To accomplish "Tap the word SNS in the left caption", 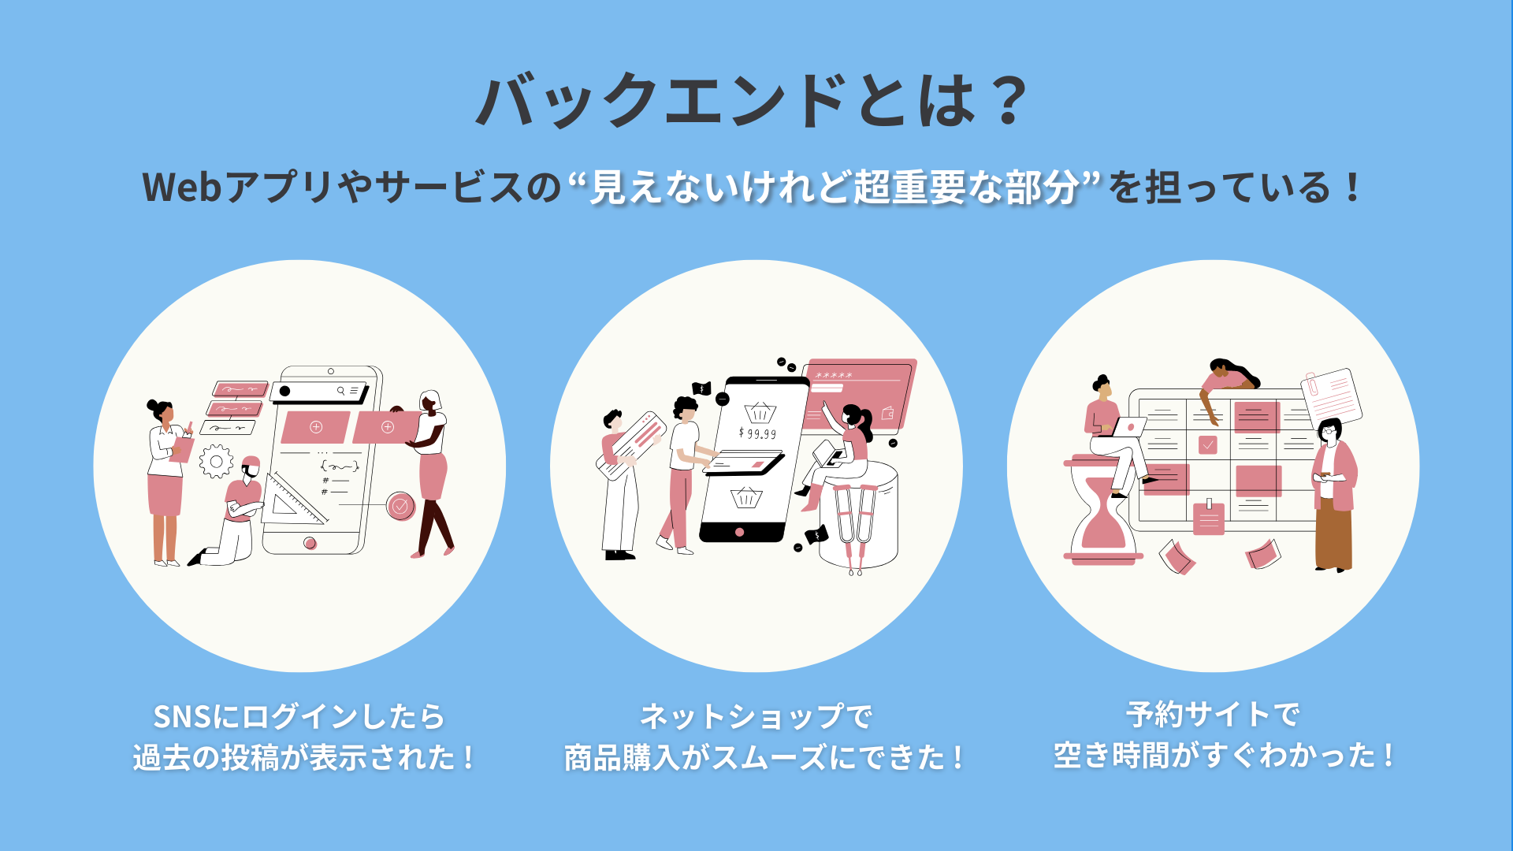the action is (183, 717).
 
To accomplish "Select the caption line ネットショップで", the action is (756, 716).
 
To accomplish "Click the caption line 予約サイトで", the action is (1214, 715).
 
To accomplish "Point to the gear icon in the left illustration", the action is (216, 462).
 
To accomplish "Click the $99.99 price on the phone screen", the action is (757, 433).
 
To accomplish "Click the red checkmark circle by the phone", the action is (400, 506).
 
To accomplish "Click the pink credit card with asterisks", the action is (859, 395).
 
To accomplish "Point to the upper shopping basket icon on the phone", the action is (760, 411).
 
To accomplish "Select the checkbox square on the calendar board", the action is (1207, 445).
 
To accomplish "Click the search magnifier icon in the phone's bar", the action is (341, 391).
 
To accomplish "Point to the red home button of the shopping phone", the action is (739, 532).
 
